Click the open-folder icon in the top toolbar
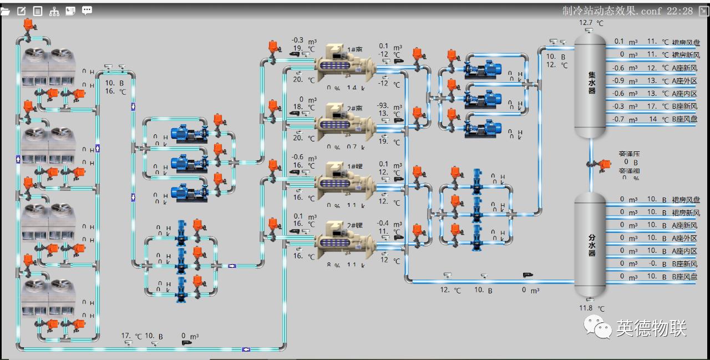(x=6, y=11)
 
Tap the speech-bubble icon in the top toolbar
(x=87, y=11)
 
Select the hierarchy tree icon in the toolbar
(x=54, y=11)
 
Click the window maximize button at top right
(x=703, y=11)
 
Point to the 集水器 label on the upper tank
(x=592, y=82)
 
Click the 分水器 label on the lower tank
(x=592, y=245)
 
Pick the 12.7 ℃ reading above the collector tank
(x=591, y=23)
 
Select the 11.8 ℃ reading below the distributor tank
(x=591, y=308)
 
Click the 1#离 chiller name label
(x=355, y=49)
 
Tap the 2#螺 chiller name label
(x=355, y=225)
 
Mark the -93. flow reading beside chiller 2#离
(x=383, y=105)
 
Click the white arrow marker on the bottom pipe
(x=246, y=349)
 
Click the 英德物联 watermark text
(x=651, y=328)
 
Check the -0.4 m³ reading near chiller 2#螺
(x=383, y=223)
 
